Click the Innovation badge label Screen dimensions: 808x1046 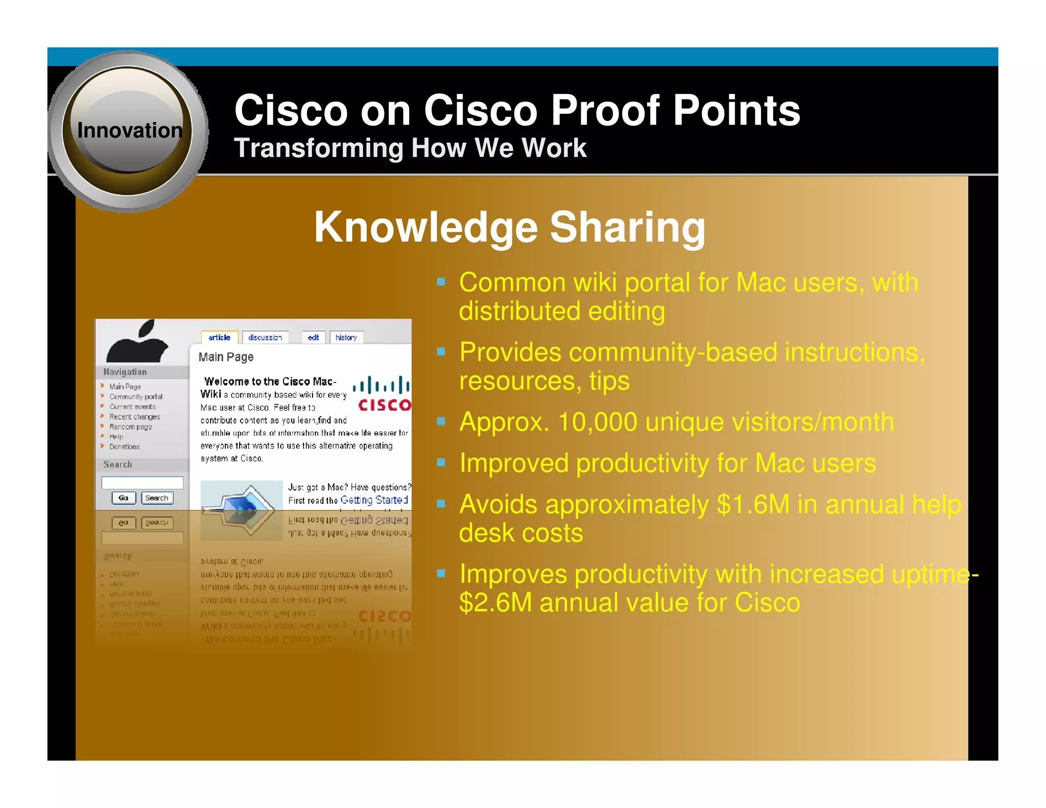click(x=129, y=131)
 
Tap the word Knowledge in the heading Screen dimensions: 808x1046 click(x=425, y=227)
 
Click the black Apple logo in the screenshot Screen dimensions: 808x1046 click(x=137, y=343)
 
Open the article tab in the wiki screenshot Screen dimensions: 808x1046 click(x=219, y=338)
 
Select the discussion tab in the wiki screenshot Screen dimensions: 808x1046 click(x=265, y=338)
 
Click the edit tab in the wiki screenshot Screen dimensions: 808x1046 click(x=313, y=338)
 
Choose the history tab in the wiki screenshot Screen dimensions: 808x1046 click(x=346, y=338)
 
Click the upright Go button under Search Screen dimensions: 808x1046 click(x=124, y=498)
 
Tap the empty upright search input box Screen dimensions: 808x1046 click(x=142, y=483)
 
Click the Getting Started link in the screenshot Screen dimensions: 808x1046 click(x=374, y=500)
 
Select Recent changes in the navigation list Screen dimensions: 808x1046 click(x=134, y=417)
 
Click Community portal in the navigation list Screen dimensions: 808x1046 click(x=136, y=397)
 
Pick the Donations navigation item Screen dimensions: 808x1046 click(x=125, y=447)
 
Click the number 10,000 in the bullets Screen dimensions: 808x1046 click(x=597, y=422)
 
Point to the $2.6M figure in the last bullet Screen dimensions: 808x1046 click(x=495, y=603)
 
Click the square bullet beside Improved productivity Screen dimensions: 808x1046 click(x=441, y=463)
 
